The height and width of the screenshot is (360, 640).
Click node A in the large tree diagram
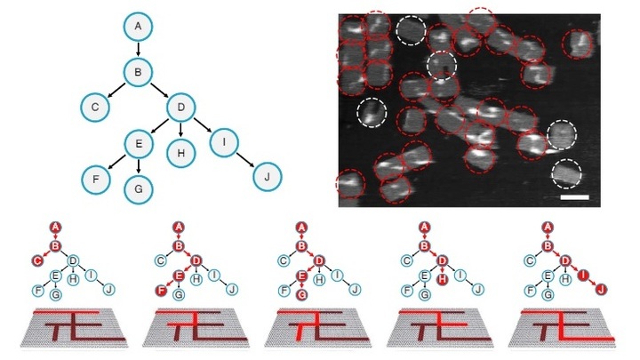(x=138, y=27)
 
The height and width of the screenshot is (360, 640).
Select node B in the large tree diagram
(x=138, y=72)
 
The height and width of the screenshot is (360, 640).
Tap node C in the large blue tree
(x=95, y=108)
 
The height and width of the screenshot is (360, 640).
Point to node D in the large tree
(x=180, y=108)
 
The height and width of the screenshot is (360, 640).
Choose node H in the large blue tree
(x=180, y=153)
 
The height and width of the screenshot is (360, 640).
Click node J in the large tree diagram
(x=268, y=177)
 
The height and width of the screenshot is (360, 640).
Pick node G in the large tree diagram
(x=139, y=189)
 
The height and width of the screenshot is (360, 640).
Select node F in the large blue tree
(x=96, y=180)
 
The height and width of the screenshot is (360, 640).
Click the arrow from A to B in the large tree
(x=138, y=50)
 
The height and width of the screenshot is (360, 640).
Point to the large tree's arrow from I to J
(x=245, y=160)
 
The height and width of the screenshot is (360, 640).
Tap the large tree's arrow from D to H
(x=180, y=130)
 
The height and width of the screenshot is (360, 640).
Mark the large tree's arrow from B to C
(x=116, y=90)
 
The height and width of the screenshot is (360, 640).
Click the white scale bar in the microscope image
(x=575, y=197)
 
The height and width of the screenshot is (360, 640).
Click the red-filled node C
(x=38, y=260)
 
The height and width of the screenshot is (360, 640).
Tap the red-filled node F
(x=161, y=291)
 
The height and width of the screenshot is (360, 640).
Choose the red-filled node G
(x=301, y=294)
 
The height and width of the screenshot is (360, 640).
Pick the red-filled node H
(x=443, y=280)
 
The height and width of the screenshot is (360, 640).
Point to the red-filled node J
(x=600, y=290)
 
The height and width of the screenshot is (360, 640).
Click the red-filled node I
(x=583, y=276)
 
